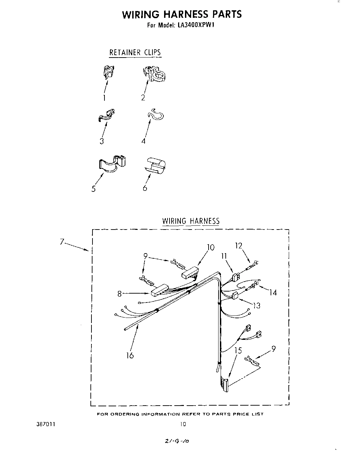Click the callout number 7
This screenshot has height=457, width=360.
pyautogui.click(x=62, y=242)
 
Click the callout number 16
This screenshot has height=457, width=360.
pyautogui.click(x=129, y=355)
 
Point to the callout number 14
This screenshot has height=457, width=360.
pyautogui.click(x=273, y=292)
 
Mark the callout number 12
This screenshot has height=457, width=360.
pyautogui.click(x=238, y=245)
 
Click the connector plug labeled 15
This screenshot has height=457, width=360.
pyautogui.click(x=224, y=384)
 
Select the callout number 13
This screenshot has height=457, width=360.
pyautogui.click(x=256, y=305)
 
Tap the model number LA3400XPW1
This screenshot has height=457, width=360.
pyautogui.click(x=197, y=25)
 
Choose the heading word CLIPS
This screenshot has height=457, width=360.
pyautogui.click(x=152, y=52)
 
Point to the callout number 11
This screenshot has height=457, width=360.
pyautogui.click(x=224, y=255)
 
